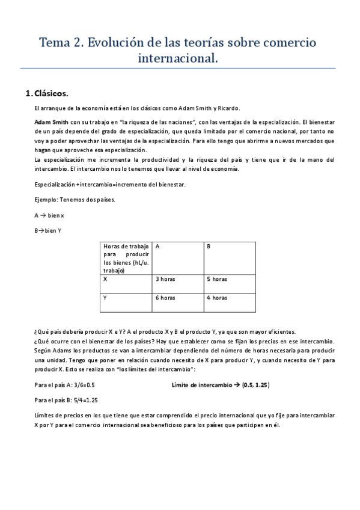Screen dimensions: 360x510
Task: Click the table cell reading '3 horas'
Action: (165, 279)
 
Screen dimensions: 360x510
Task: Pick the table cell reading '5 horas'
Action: (217, 279)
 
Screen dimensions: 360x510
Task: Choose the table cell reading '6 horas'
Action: (165, 298)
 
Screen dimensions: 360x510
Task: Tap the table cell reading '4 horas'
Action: (217, 298)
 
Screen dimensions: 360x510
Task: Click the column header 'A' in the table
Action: (157, 247)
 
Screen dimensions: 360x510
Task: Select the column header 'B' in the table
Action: (209, 247)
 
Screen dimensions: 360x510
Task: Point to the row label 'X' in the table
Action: (106, 279)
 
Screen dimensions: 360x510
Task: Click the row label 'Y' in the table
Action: (106, 298)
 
